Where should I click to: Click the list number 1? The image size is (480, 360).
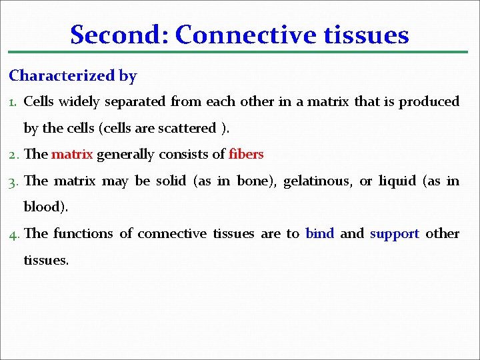(13, 102)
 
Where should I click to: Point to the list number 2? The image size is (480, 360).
(14, 155)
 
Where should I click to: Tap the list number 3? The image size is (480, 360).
(14, 181)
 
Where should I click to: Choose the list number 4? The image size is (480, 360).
(14, 234)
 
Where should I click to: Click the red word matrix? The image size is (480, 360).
(73, 155)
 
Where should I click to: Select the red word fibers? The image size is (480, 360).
(246, 155)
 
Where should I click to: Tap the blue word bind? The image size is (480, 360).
(319, 233)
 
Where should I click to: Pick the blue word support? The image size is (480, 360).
(395, 234)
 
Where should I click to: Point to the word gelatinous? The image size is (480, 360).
(317, 181)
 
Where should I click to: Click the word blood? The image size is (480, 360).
(44, 207)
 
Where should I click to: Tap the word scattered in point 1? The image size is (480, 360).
(187, 128)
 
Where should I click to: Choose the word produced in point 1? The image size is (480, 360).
(429, 102)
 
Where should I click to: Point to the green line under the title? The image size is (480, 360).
(240, 52)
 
